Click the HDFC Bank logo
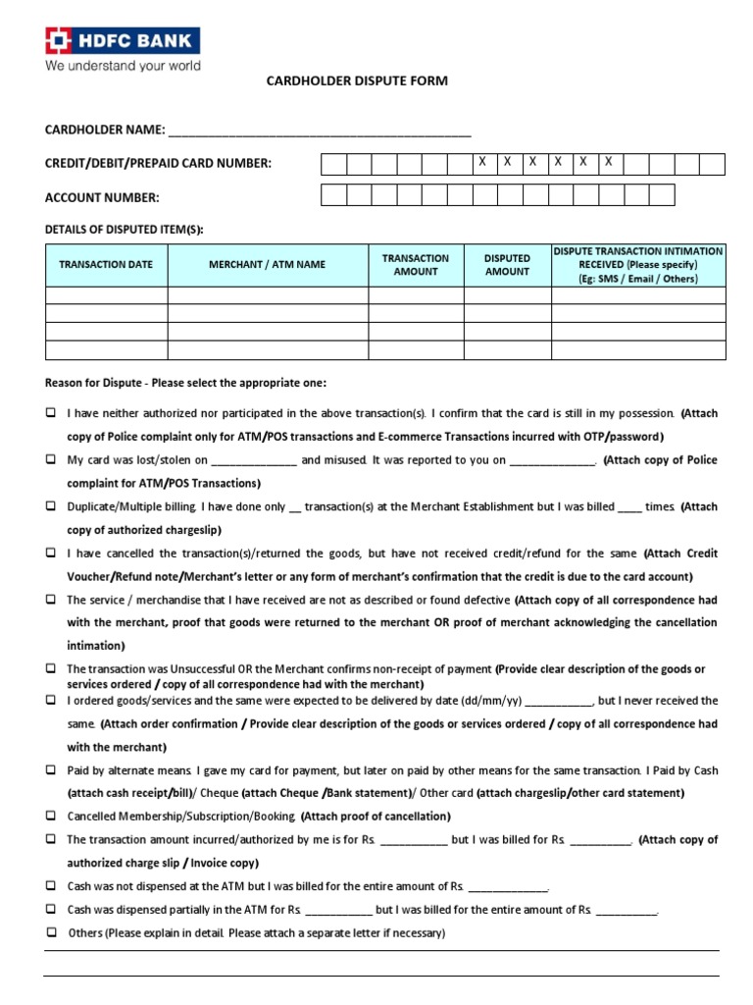(122, 40)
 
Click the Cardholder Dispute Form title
(357, 80)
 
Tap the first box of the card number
(333, 164)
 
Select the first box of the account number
(333, 195)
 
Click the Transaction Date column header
(106, 265)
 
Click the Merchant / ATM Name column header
(267, 265)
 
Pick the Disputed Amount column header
(507, 265)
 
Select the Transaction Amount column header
(416, 265)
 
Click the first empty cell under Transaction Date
(106, 295)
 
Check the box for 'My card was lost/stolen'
(50, 459)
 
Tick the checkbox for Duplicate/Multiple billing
(50, 506)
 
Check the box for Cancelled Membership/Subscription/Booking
(50, 816)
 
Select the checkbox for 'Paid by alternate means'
(50, 770)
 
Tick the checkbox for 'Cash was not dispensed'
(50, 886)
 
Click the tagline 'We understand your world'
(122, 66)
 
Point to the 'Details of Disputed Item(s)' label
(125, 229)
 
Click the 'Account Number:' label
(102, 197)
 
